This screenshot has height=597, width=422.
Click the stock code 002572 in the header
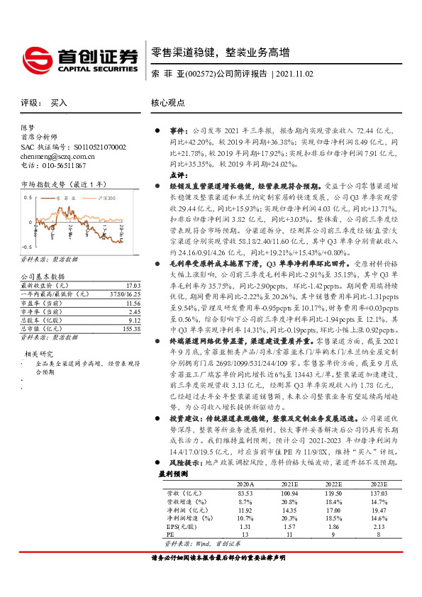click(x=199, y=74)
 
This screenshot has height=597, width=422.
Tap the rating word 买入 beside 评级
click(x=60, y=103)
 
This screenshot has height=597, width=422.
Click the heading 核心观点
click(x=168, y=103)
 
